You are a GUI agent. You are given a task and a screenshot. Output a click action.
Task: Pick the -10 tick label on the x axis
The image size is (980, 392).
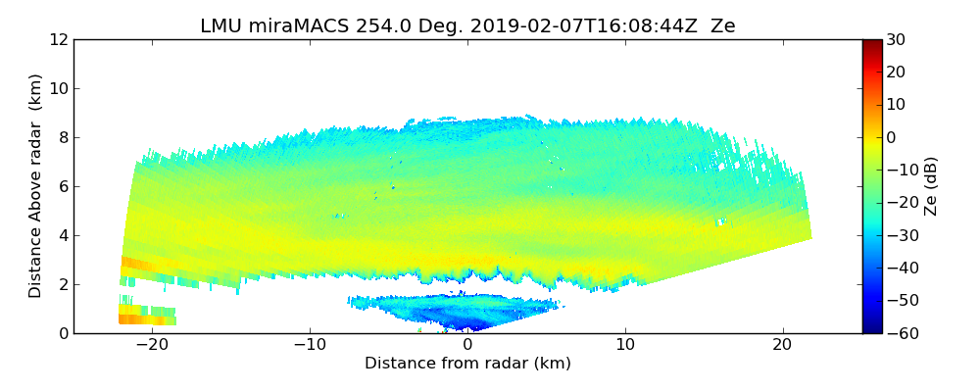310,345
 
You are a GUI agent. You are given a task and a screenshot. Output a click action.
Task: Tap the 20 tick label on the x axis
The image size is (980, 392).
782,345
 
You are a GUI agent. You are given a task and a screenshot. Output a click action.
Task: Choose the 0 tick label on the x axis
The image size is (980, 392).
467,345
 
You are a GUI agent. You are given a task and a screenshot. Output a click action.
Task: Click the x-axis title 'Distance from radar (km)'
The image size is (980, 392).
467,364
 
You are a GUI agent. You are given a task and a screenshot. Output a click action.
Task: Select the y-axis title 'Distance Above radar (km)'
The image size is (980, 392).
36,185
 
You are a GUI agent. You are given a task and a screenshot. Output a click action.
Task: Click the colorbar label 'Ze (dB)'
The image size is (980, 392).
931,186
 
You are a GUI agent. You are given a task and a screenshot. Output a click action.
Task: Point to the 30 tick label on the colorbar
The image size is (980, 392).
896,40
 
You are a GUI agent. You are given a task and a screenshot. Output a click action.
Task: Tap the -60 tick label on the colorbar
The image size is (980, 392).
900,333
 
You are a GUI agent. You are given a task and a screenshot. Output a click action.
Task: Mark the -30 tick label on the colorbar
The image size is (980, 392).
900,235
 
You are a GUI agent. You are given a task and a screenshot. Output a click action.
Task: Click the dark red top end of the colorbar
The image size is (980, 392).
872,44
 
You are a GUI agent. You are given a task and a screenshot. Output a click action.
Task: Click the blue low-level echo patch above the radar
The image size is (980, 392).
451,312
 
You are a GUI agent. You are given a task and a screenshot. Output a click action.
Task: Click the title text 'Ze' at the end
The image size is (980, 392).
723,26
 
